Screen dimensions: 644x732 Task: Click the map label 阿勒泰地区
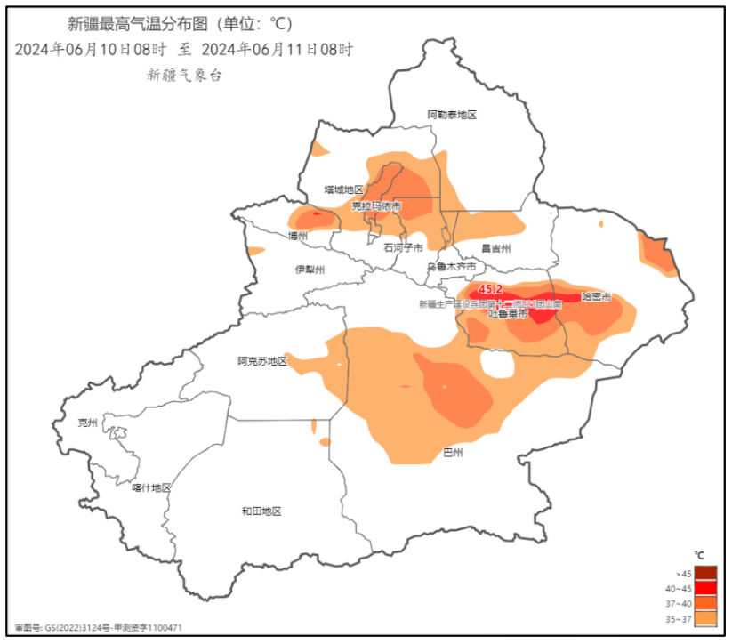point(452,116)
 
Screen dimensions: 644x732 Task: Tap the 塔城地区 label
point(343,189)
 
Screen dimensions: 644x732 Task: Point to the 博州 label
point(297,237)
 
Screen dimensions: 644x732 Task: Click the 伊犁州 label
point(310,270)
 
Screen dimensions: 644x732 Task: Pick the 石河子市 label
point(403,248)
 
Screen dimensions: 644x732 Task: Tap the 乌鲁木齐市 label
point(451,267)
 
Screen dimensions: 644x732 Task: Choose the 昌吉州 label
point(496,248)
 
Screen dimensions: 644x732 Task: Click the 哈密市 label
point(597,296)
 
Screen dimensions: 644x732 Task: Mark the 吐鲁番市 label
point(509,314)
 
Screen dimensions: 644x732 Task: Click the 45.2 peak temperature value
point(490,290)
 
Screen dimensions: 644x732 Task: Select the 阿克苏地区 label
point(262,361)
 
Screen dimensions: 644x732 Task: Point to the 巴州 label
point(453,453)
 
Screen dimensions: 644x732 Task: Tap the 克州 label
point(87,423)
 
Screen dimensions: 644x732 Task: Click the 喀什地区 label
point(150,487)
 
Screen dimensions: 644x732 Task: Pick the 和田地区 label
point(261,511)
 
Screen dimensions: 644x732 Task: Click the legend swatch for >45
point(705,573)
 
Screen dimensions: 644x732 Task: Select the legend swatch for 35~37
point(705,618)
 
